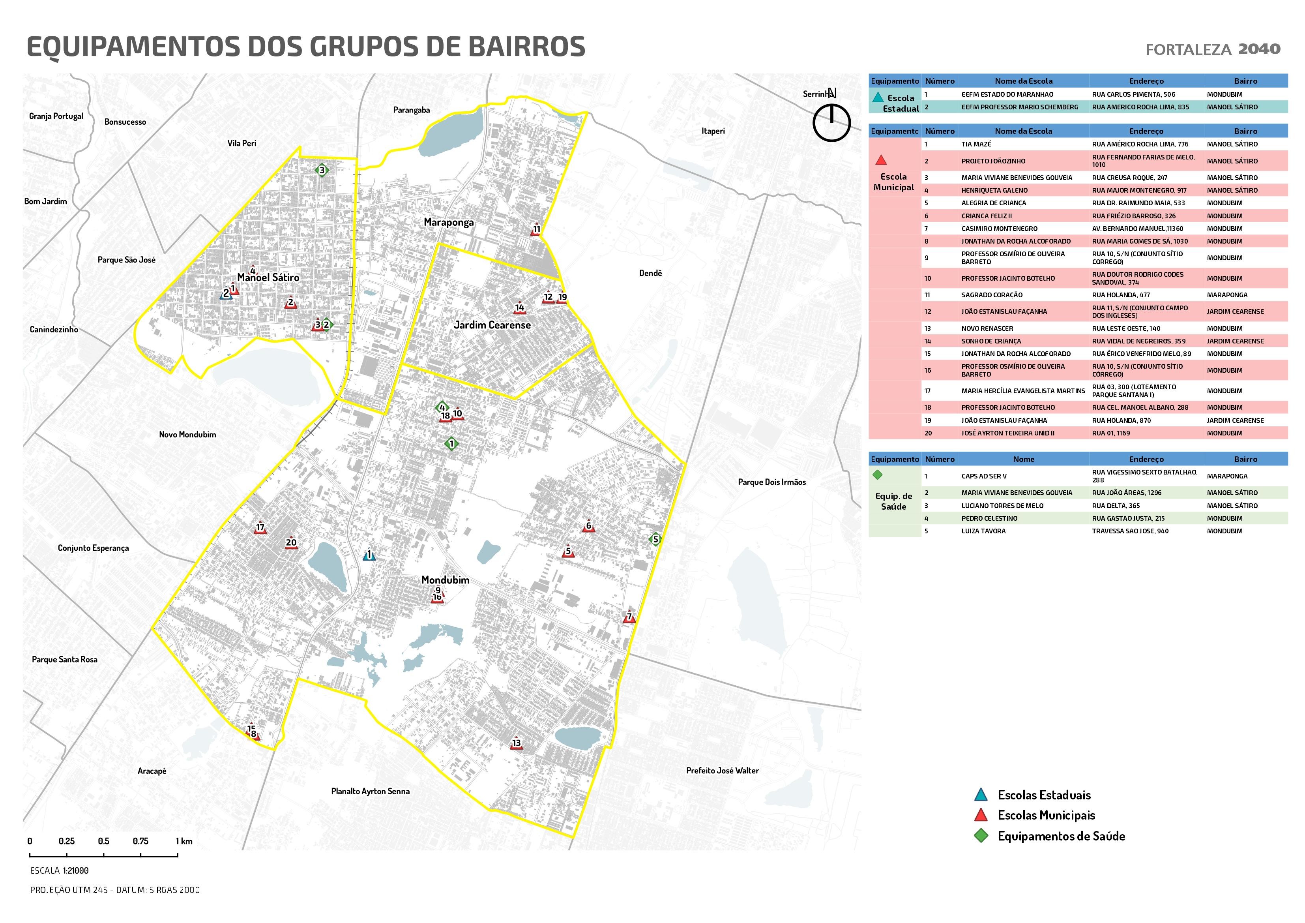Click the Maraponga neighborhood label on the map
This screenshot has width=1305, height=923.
pos(448,222)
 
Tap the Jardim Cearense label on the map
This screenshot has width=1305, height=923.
pos(492,325)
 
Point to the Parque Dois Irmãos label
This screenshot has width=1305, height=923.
pos(771,482)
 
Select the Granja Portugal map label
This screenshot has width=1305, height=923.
pos(56,116)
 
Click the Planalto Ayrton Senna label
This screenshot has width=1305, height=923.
pos(370,791)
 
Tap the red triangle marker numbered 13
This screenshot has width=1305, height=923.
pos(516,744)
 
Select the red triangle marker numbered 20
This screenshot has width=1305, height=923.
pos(291,543)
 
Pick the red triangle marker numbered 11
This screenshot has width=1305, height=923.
pos(536,230)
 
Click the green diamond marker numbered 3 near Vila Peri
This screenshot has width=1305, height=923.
pos(322,170)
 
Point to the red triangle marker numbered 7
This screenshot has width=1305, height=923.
pos(629,617)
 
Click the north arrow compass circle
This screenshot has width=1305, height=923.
pos(831,122)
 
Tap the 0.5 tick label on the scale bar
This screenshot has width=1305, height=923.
pos(103,841)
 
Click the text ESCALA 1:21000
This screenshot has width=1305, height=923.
pos(59,870)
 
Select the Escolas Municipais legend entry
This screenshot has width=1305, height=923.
pos(1046,815)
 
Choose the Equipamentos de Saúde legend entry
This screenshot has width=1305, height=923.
pos(1061,836)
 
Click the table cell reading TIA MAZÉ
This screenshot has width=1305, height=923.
pos(976,144)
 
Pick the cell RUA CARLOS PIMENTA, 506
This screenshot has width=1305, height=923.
pos(1133,94)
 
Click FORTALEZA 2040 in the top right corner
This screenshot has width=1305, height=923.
pos(1212,49)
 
